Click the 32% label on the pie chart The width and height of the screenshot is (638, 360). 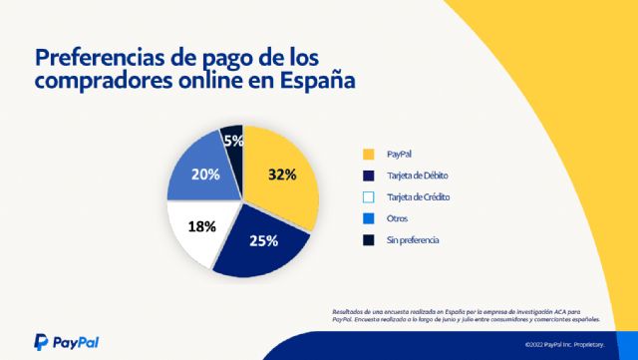[282, 175]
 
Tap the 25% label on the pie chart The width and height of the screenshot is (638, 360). [263, 240]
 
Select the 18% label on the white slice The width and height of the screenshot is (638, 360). [202, 226]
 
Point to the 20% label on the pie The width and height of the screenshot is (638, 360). [206, 173]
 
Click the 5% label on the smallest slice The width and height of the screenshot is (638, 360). [233, 142]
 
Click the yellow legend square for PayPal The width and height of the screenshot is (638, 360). [369, 155]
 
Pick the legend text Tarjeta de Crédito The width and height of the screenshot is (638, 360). [418, 196]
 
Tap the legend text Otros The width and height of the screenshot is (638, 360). [397, 218]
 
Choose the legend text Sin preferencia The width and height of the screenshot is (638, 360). [413, 239]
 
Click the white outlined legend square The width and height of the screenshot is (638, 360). [369, 196]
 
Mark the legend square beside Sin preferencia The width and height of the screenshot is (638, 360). [369, 239]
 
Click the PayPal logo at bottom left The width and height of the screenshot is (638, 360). [66, 341]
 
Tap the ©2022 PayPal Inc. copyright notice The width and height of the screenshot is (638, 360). [565, 345]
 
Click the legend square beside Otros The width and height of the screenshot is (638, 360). [369, 218]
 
